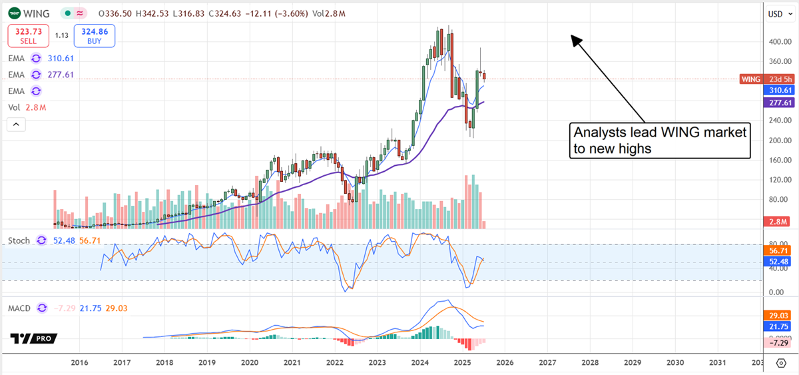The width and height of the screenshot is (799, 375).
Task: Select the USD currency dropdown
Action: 776,13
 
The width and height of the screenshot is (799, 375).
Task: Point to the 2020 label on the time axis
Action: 250,362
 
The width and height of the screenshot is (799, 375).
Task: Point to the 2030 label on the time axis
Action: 675,362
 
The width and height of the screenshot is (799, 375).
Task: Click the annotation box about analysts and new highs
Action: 661,141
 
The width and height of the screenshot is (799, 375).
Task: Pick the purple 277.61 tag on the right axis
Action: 779,103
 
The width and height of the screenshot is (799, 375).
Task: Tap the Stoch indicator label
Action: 18,240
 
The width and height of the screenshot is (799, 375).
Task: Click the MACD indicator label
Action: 20,308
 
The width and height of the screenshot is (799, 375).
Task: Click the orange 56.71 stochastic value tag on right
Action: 779,250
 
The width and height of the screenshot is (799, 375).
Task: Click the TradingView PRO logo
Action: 33,338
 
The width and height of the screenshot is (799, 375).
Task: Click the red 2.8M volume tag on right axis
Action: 779,221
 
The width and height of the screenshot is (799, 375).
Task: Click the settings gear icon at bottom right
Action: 782,363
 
